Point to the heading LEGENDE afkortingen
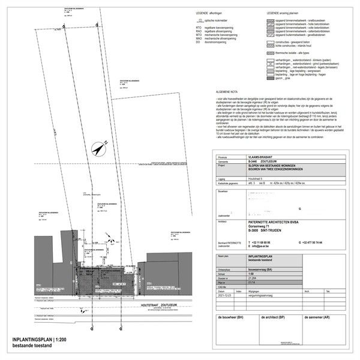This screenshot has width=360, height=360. click(x=209, y=13)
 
